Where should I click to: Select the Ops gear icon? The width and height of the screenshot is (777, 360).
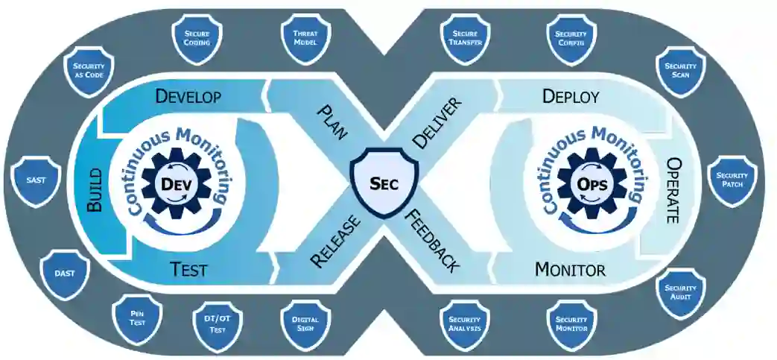pyautogui.click(x=593, y=183)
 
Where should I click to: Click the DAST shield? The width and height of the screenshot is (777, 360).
pyautogui.click(x=65, y=273)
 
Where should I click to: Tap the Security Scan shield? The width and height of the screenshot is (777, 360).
pyautogui.click(x=679, y=72)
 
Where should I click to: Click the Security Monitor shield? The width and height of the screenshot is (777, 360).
pyautogui.click(x=571, y=323)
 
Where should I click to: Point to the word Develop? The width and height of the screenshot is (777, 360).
pyautogui.click(x=188, y=96)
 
